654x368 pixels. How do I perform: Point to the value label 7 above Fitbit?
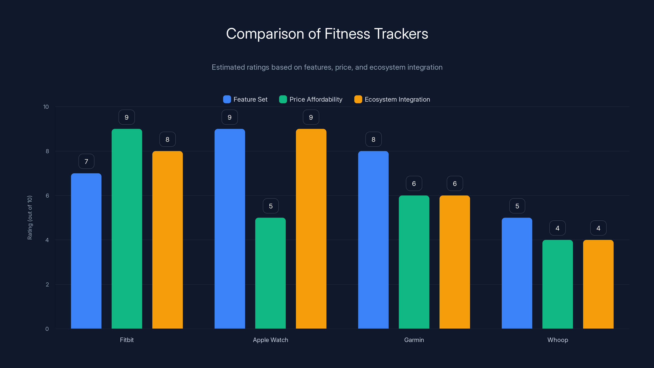(x=86, y=162)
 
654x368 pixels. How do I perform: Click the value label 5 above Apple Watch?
(x=271, y=206)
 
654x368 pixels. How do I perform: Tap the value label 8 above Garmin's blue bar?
(x=373, y=139)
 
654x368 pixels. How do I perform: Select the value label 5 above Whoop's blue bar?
(x=517, y=206)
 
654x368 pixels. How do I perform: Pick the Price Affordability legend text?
(x=316, y=99)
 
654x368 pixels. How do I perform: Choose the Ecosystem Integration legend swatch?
(x=358, y=99)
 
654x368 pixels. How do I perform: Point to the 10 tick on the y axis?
(x=46, y=107)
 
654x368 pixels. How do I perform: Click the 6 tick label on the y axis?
(x=47, y=196)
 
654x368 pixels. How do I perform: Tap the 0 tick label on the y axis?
(x=47, y=329)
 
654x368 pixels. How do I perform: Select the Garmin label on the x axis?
(x=414, y=340)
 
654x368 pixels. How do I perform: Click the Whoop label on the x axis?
(x=558, y=340)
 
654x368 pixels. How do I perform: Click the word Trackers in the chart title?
(x=401, y=34)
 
